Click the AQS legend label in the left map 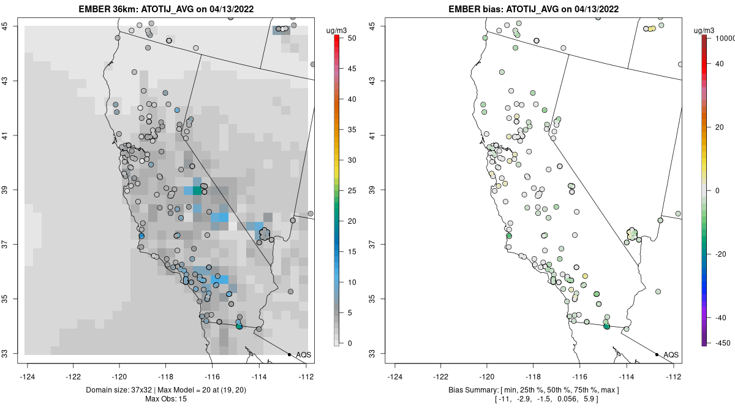[303, 354]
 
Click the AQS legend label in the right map [671, 354]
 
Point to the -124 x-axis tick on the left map [28, 376]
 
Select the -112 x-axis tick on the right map [674, 376]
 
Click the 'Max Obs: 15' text [166, 399]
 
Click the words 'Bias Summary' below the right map [472, 391]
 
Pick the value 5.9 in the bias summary [590, 399]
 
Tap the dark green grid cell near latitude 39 [197, 191]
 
